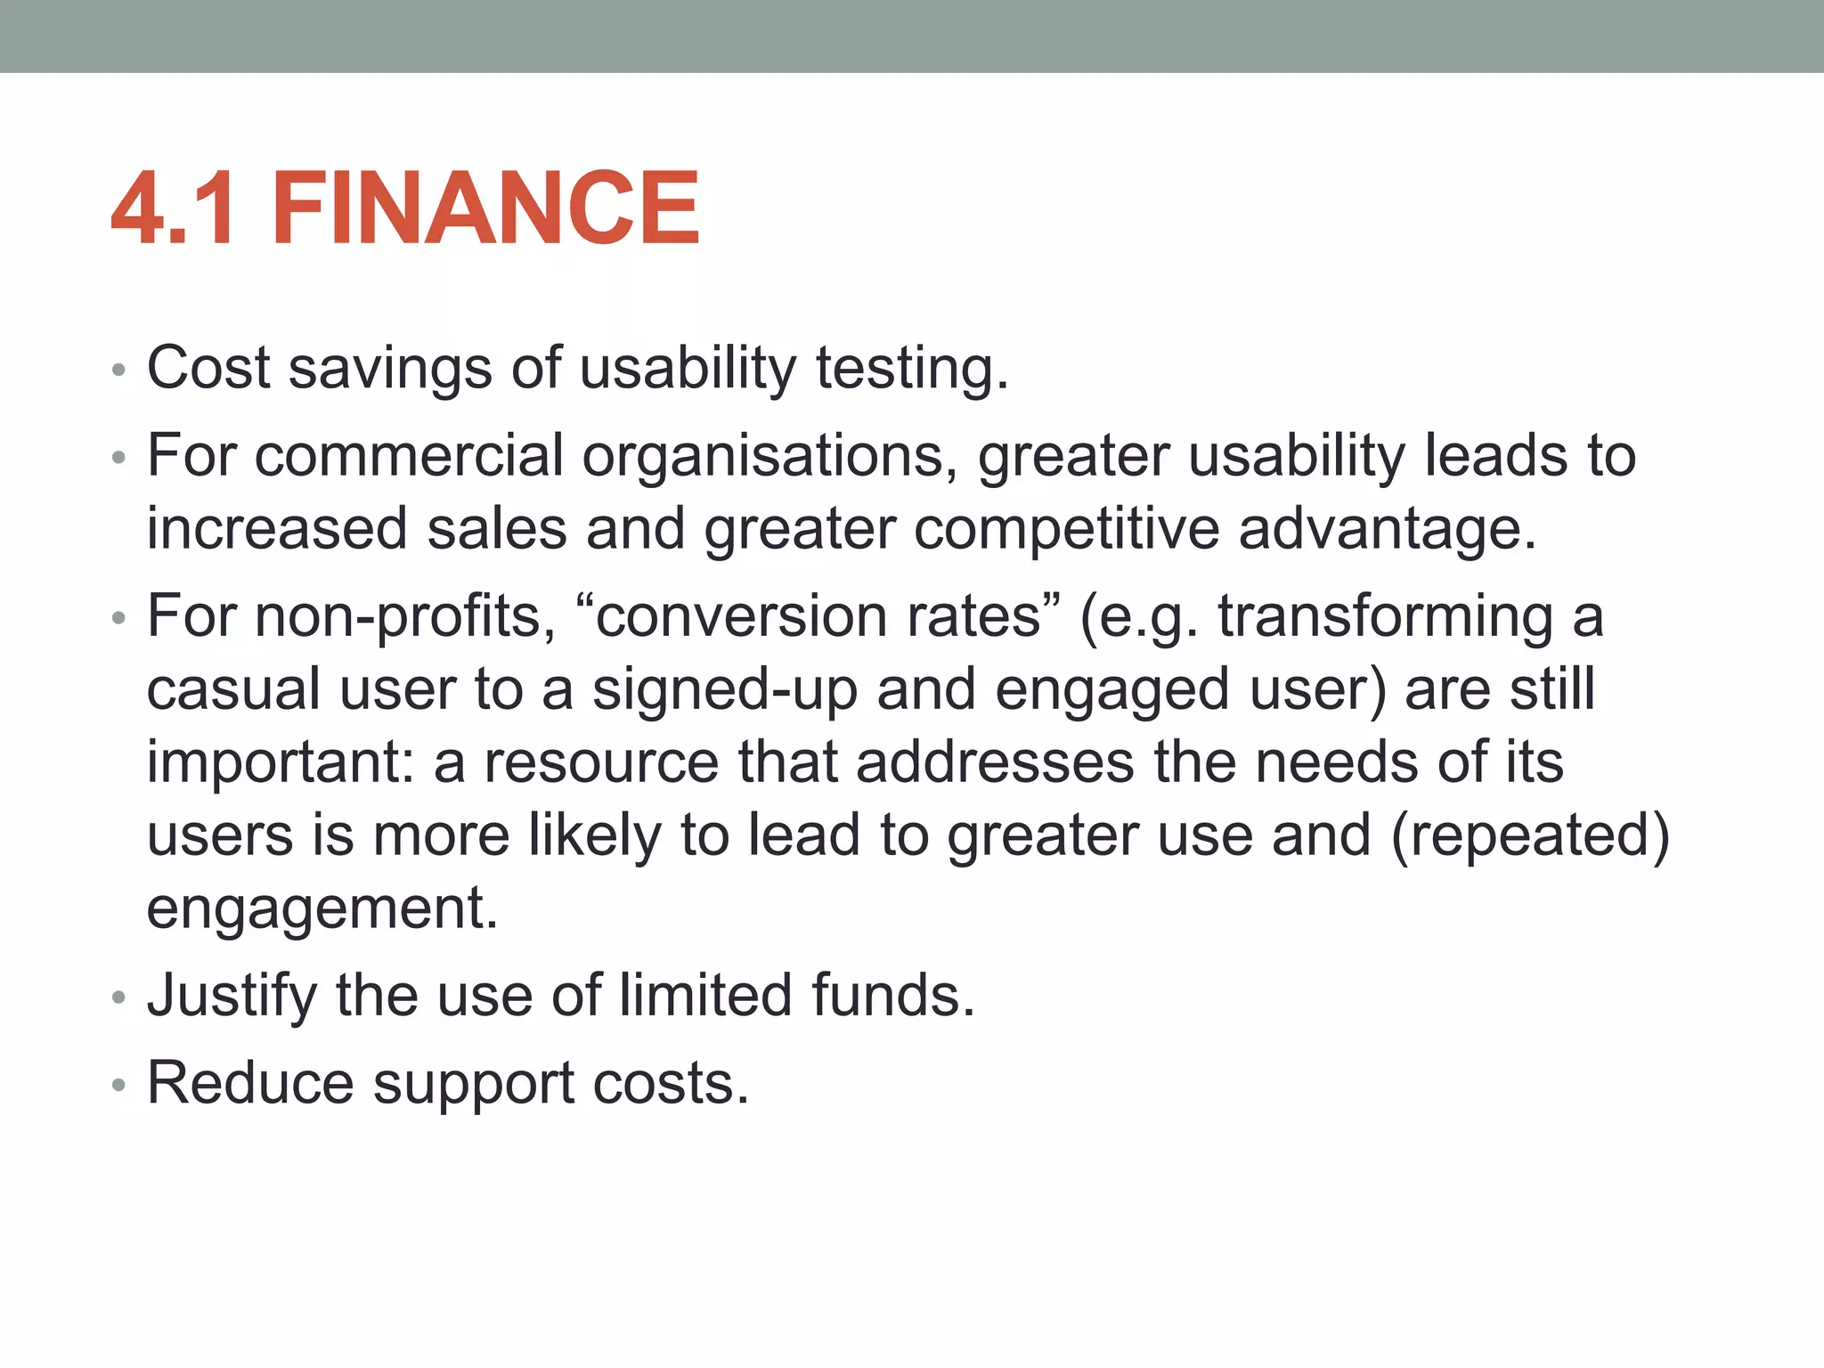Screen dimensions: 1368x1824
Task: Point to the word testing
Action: click(x=912, y=368)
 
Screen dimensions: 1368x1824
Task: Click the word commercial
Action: click(x=409, y=456)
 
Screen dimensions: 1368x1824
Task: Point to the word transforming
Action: click(x=1385, y=616)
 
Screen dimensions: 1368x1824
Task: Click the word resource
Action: click(x=601, y=762)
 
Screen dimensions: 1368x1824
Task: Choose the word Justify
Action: click(x=232, y=995)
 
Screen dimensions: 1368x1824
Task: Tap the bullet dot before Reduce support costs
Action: click(x=119, y=1086)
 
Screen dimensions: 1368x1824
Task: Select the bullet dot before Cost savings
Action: click(x=119, y=370)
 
